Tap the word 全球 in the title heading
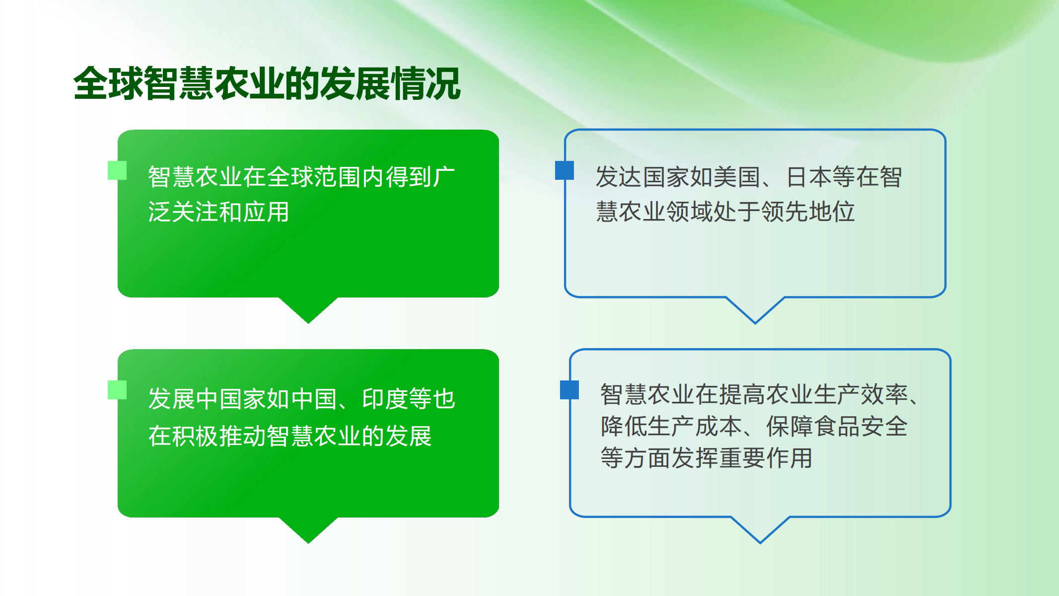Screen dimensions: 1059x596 click(108, 83)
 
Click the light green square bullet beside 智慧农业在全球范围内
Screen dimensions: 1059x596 click(117, 170)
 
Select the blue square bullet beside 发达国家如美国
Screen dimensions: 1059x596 click(565, 170)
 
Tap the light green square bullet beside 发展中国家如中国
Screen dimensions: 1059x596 click(117, 390)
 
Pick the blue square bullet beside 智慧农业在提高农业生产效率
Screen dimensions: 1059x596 click(569, 390)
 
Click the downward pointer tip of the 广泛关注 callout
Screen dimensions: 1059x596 click(308, 323)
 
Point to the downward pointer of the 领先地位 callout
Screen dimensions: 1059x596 click(755, 310)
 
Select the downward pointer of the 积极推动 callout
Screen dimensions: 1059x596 click(308, 530)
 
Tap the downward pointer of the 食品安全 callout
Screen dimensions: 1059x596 click(760, 530)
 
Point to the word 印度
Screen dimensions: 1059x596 click(385, 399)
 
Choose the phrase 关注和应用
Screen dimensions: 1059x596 click(230, 212)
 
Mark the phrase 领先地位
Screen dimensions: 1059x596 click(808, 212)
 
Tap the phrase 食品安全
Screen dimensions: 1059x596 click(860, 426)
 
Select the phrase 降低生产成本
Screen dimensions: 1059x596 click(671, 426)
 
